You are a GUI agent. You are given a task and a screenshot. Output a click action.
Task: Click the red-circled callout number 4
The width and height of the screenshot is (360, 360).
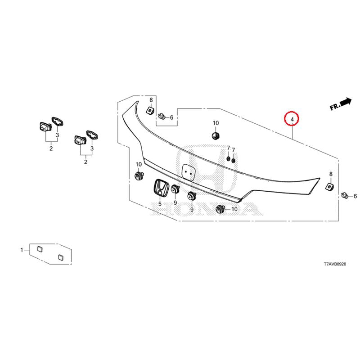tap(292, 119)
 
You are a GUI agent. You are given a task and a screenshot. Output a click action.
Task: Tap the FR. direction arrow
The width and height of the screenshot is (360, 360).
tap(341, 104)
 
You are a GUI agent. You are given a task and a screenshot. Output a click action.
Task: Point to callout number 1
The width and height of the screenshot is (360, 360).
tap(21, 249)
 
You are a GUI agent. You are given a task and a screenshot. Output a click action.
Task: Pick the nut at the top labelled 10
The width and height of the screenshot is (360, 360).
tap(216, 135)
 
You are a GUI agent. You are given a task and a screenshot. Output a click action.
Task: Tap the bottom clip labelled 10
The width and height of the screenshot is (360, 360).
tap(221, 208)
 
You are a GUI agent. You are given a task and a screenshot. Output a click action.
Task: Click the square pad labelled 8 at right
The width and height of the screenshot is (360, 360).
tap(330, 185)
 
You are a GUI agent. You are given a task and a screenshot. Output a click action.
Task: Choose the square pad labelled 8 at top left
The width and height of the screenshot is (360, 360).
tap(150, 109)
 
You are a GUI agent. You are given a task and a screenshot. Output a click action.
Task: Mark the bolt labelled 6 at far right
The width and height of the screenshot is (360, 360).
tap(345, 195)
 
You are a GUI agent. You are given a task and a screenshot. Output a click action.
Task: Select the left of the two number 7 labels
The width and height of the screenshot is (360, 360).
tap(228, 148)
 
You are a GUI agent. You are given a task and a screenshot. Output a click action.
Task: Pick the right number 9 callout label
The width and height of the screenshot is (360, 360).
tap(192, 210)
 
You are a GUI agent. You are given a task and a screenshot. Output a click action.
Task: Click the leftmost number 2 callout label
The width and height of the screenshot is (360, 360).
tap(51, 148)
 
